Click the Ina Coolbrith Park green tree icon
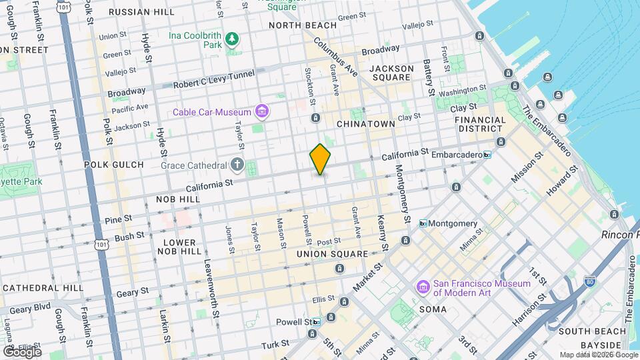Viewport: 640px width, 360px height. (231, 39)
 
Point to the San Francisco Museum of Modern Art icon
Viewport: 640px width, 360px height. (423, 287)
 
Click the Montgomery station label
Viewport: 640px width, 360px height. (452, 223)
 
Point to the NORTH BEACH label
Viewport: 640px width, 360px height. (293, 25)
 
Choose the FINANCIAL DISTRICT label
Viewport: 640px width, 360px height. (480, 124)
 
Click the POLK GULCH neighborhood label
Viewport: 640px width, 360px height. (113, 164)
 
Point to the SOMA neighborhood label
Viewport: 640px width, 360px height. (433, 309)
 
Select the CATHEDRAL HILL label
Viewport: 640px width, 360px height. (41, 287)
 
